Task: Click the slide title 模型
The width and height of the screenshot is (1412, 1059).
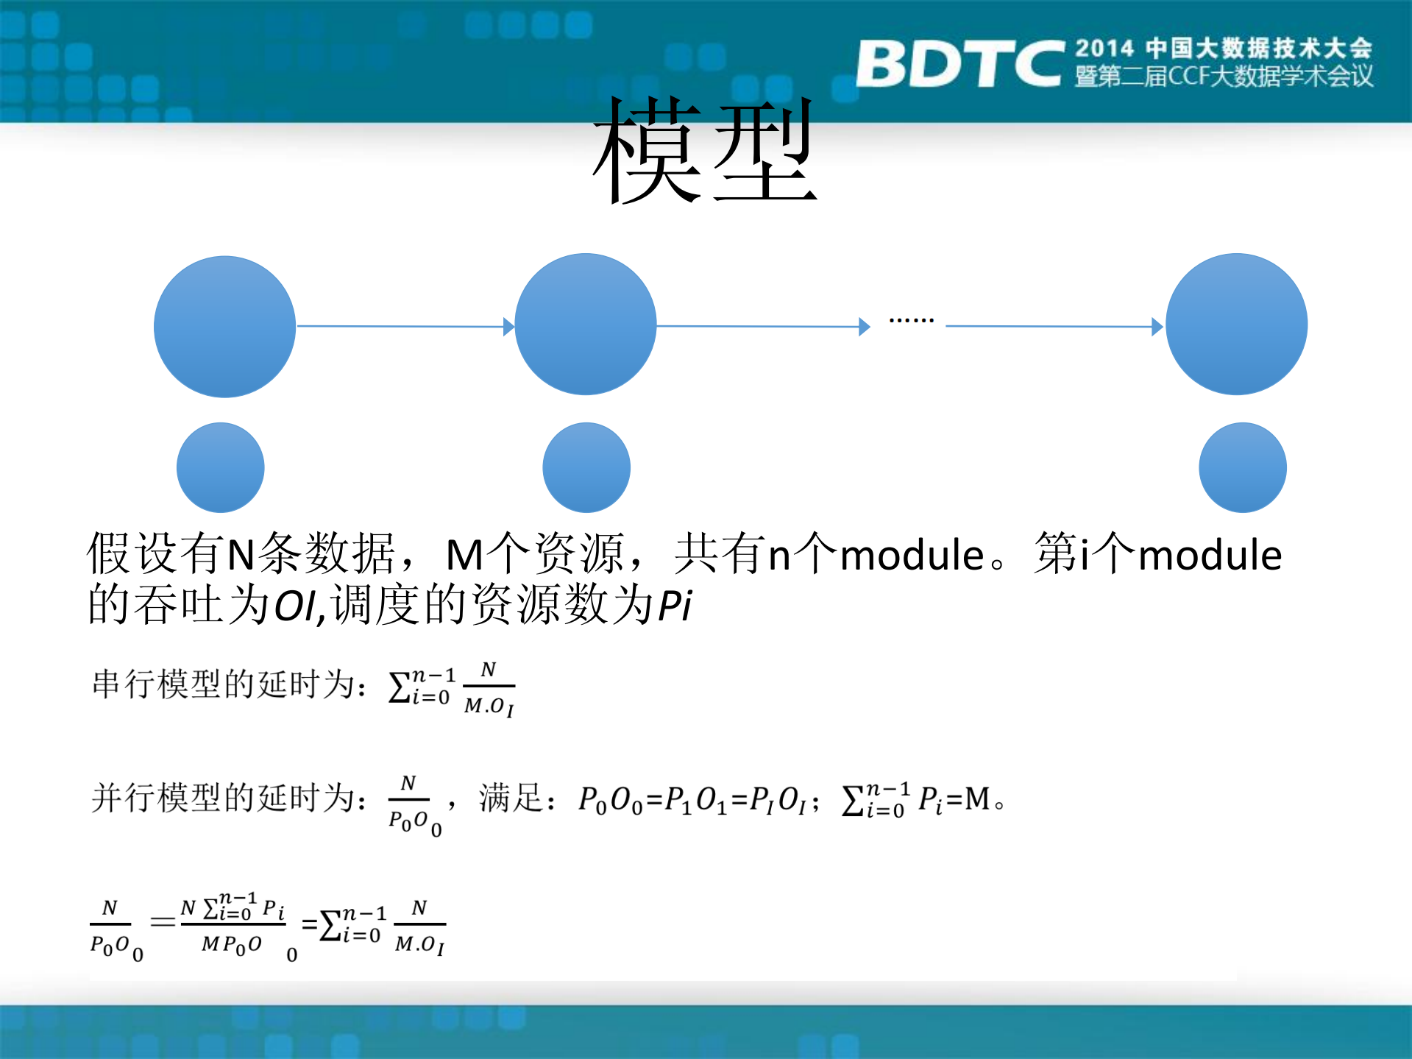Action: point(705,151)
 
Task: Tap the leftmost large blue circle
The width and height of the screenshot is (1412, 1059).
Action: point(224,327)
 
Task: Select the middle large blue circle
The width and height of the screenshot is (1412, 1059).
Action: point(585,325)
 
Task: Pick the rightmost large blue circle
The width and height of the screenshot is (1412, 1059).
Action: point(1236,325)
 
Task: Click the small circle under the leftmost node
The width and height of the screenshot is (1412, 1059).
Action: point(220,467)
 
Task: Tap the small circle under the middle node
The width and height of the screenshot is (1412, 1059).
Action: point(586,467)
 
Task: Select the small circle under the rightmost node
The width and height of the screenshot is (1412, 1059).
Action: point(1242,467)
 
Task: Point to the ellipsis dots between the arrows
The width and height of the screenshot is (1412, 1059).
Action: point(911,320)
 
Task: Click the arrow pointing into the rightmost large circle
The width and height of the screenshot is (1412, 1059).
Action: point(1052,326)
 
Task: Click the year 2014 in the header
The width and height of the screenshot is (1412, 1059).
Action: point(1104,49)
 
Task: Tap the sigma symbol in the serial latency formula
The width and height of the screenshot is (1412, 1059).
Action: point(399,687)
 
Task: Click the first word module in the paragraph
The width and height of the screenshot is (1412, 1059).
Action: point(912,555)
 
